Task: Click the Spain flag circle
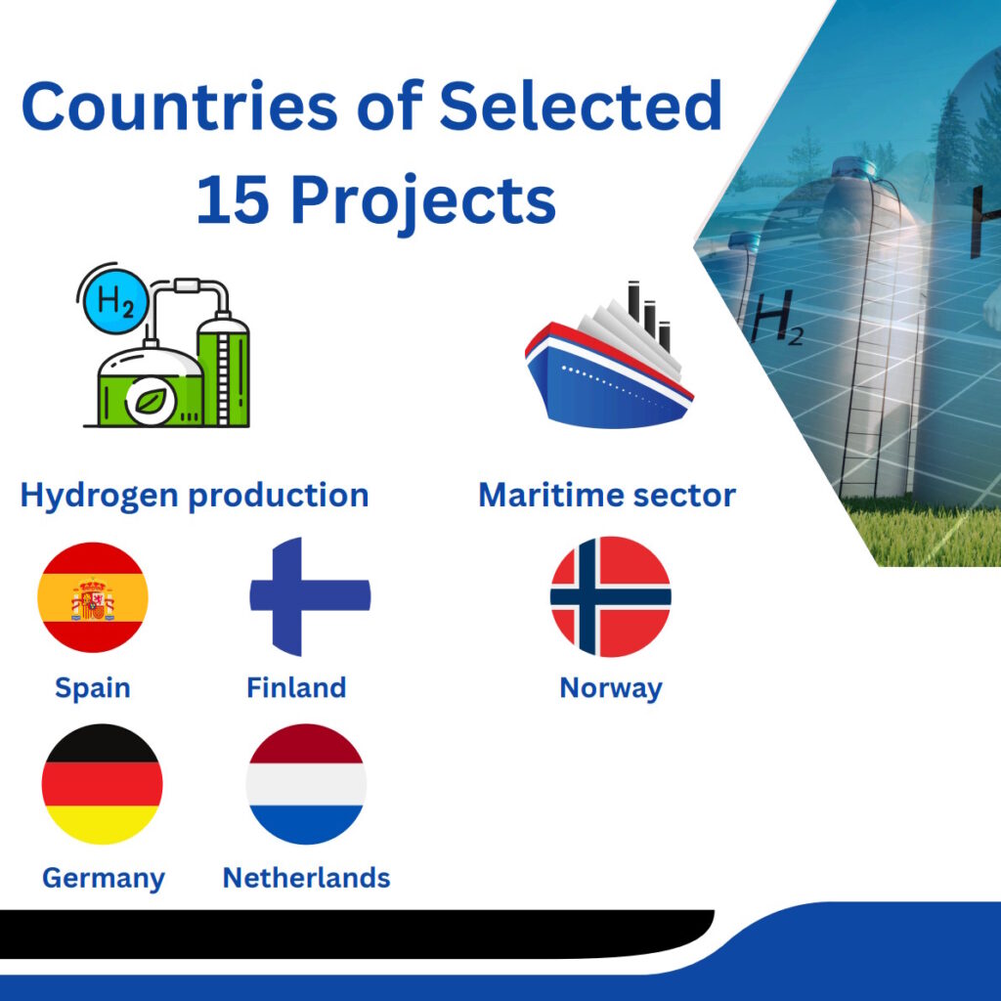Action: click(93, 597)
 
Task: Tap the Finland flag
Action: click(310, 597)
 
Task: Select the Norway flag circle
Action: click(610, 597)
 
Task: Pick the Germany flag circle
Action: click(102, 784)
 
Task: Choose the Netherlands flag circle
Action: click(306, 784)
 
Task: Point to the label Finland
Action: click(296, 687)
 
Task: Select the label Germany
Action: click(104, 879)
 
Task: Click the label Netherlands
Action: click(306, 878)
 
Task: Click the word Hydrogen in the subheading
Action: click(99, 496)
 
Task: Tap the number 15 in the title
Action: click(233, 199)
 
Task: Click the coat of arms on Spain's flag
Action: click(93, 599)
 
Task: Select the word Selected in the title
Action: click(581, 106)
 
